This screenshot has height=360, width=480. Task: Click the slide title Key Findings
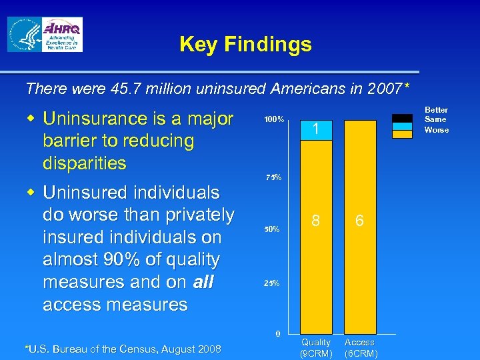pos(245,45)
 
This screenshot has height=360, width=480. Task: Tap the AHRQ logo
pos(62,35)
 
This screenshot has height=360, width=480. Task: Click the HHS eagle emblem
pos(24,35)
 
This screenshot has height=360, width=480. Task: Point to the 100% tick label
pos(274,120)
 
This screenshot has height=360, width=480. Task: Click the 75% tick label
pos(274,178)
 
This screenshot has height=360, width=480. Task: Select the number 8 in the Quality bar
pos(316,220)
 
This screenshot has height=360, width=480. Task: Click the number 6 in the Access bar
pos(359,220)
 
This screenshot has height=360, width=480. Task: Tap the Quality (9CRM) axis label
pos(316,347)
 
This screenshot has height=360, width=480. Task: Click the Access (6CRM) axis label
pos(360,347)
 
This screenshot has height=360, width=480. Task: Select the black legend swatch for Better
pos(402,118)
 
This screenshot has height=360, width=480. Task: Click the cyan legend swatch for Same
pos(402,125)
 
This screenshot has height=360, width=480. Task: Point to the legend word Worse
pos(437,130)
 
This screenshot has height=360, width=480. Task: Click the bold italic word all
pos(203,282)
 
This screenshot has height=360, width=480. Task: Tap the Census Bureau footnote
pos(123,348)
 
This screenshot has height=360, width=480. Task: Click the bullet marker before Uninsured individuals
pos(31,193)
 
